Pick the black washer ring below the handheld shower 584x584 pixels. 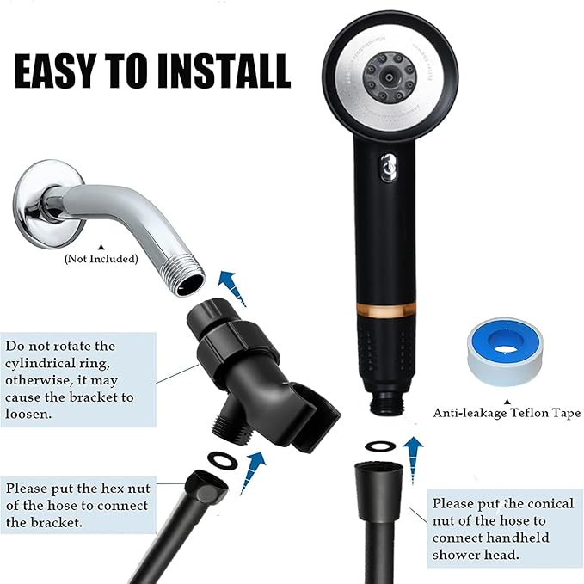[x=379, y=446]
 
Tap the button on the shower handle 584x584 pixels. [x=383, y=163]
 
